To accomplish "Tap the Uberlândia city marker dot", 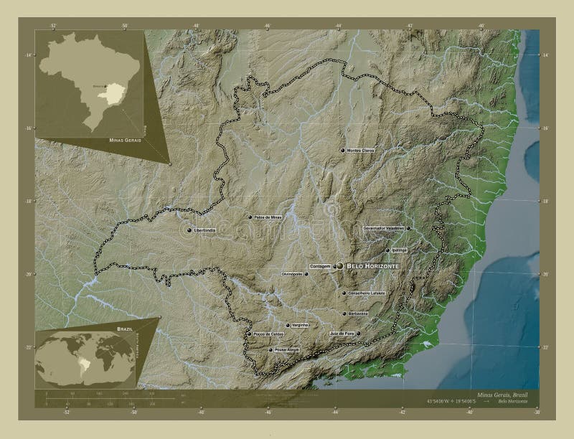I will [x=189, y=230].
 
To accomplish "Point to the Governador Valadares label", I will [x=384, y=228].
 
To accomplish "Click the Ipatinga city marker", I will [x=387, y=250].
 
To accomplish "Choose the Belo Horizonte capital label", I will [x=372, y=266].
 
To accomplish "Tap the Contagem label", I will [x=319, y=266].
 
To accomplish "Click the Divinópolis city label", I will [x=295, y=274].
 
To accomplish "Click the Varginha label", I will [x=298, y=325].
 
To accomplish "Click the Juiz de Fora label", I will [x=341, y=334].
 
